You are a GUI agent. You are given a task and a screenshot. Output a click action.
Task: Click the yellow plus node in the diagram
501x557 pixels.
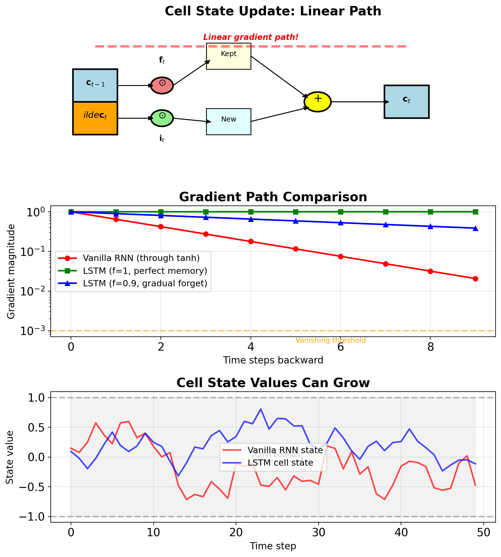tap(317, 102)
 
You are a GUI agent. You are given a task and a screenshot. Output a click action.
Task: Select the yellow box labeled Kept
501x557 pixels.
tap(229, 56)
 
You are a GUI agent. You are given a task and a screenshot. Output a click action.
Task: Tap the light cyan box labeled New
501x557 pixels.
tap(229, 122)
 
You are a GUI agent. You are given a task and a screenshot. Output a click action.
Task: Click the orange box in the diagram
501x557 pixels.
tap(95, 118)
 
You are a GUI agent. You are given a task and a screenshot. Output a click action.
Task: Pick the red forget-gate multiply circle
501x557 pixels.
tap(162, 85)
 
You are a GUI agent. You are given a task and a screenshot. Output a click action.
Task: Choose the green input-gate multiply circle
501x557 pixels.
tap(162, 118)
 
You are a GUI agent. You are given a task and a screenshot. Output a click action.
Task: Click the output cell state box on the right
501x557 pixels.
tap(406, 102)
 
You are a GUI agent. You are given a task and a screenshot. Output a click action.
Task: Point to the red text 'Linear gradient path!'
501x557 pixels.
tap(251, 37)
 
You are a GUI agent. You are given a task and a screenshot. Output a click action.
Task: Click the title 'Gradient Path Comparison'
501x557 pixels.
tap(273, 197)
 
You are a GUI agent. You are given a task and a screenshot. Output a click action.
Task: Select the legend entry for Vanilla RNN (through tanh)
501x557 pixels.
tap(141, 258)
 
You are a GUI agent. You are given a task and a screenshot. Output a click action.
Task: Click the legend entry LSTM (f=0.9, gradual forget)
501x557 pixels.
tap(145, 283)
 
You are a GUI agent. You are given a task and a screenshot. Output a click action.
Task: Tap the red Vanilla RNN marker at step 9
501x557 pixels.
tap(475, 279)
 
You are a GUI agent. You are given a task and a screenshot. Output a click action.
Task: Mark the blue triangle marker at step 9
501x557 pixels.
tap(475, 228)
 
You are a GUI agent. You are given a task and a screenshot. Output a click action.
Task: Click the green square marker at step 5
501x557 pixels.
tap(296, 212)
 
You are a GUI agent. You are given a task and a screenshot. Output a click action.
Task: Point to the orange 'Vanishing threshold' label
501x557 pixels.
tap(330, 340)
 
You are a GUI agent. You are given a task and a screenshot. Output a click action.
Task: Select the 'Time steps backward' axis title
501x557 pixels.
tap(273, 360)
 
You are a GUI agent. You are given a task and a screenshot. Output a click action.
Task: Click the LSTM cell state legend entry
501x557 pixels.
tap(280, 463)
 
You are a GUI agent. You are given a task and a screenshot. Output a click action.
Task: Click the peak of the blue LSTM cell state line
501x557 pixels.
tap(260, 409)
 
